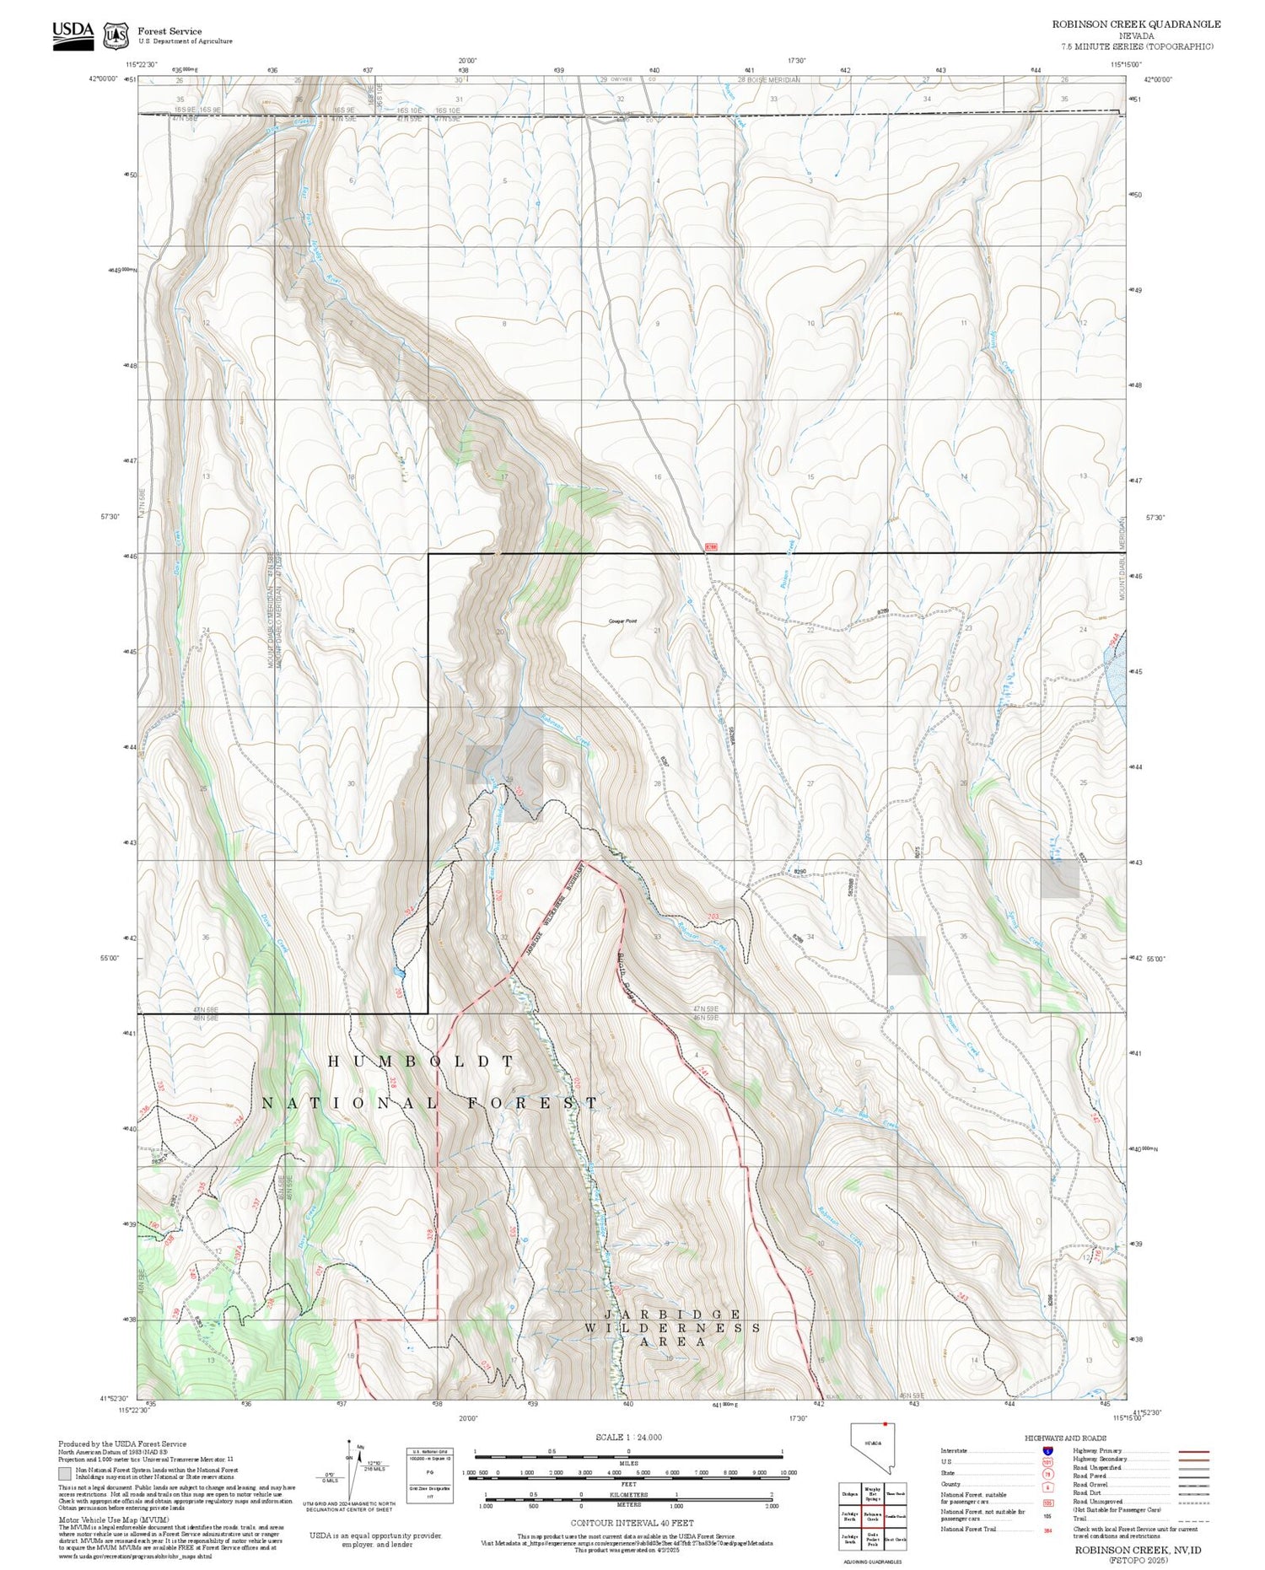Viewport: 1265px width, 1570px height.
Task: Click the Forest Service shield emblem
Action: pyautogui.click(x=116, y=36)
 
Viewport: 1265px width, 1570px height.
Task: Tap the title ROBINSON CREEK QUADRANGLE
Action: pyautogui.click(x=1135, y=24)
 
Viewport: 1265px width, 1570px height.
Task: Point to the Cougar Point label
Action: pyautogui.click(x=622, y=621)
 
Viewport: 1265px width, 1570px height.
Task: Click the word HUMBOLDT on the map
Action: pyautogui.click(x=420, y=1062)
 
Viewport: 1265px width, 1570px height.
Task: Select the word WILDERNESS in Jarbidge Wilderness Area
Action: pyautogui.click(x=672, y=1328)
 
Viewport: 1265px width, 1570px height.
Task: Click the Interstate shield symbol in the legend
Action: pyautogui.click(x=1047, y=1451)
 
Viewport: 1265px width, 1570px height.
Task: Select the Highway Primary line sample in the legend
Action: pyautogui.click(x=1191, y=1452)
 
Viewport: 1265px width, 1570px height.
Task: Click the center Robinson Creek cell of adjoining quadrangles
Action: pyautogui.click(x=873, y=1516)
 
